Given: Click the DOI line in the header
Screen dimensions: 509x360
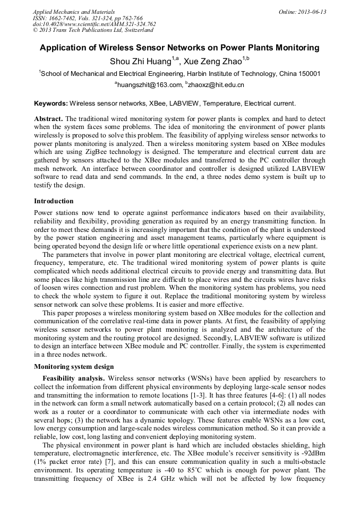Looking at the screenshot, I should (94, 24).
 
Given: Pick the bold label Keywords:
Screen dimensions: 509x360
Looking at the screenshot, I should (50, 103).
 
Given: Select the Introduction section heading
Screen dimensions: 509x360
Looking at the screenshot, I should (54, 201).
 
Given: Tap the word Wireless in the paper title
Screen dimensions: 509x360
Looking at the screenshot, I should (126, 48).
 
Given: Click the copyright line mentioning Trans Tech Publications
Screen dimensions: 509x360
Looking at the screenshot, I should (93, 30).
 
